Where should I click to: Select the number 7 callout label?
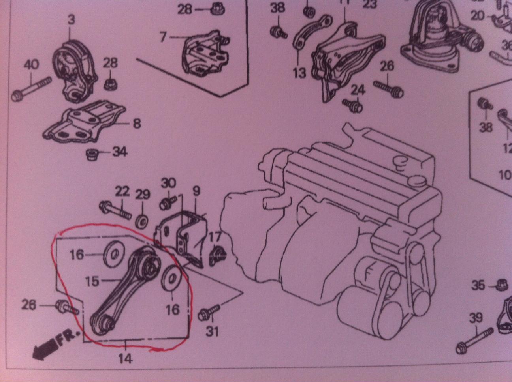[163, 37]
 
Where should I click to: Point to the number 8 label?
[137, 124]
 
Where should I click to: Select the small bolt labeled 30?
[166, 204]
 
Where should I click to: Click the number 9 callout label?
[196, 191]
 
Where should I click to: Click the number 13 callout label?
[299, 73]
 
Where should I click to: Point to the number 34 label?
[119, 151]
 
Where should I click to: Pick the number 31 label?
[212, 331]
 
